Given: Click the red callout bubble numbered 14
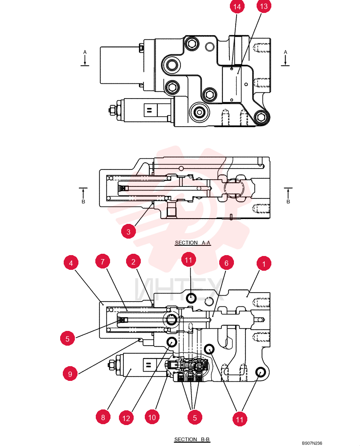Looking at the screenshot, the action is (x=237, y=7).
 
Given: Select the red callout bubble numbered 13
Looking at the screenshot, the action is (x=264, y=6).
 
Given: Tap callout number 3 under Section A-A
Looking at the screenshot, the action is (x=128, y=231).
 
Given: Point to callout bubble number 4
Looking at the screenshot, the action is (x=71, y=263).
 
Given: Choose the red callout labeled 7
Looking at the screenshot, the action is (x=102, y=261).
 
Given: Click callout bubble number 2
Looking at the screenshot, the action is (x=133, y=261).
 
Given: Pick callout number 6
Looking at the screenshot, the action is (x=226, y=263).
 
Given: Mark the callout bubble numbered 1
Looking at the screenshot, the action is (x=264, y=264).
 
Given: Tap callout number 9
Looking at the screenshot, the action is (x=70, y=374).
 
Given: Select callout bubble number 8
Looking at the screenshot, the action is (x=103, y=417).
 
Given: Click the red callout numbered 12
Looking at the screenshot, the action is (x=126, y=418).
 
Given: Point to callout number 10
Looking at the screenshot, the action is (x=152, y=417).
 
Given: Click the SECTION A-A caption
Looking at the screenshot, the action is (x=192, y=243).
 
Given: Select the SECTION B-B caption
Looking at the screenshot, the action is (x=192, y=439).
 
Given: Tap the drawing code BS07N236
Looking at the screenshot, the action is (x=312, y=443).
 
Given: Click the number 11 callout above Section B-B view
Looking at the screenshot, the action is (x=188, y=260).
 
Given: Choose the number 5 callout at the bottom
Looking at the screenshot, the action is (x=195, y=417).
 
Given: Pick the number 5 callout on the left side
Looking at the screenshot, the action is (x=67, y=339).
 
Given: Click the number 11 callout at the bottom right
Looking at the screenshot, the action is (x=240, y=419).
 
